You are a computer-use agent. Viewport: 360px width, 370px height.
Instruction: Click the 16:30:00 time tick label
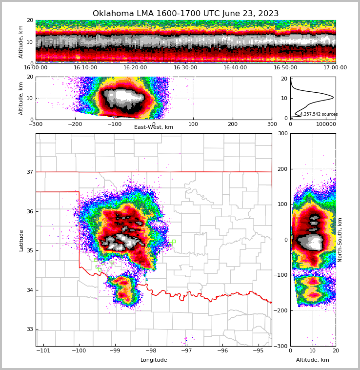[185, 68]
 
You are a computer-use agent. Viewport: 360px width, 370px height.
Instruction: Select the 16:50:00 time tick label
[285, 68]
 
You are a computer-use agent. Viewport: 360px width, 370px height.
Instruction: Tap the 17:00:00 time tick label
[335, 68]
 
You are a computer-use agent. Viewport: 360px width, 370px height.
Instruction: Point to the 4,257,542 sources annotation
[319, 114]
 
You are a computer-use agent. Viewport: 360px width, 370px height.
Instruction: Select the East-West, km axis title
[154, 127]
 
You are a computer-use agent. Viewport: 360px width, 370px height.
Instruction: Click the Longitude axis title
[154, 360]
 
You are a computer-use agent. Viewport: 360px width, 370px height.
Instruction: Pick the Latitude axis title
[21, 240]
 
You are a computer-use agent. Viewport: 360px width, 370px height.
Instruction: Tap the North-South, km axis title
[340, 240]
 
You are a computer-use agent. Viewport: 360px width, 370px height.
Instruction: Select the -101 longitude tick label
[43, 350]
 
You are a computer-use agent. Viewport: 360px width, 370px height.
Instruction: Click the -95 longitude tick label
[258, 350]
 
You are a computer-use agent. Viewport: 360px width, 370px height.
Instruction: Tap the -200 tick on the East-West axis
[75, 124]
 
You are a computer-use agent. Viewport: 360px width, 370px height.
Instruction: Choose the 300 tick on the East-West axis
[272, 124]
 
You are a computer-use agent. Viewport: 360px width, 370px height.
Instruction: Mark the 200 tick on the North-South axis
[282, 169]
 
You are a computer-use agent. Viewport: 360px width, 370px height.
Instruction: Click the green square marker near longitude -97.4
[173, 241]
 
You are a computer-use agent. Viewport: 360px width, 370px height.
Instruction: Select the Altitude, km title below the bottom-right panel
[313, 360]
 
